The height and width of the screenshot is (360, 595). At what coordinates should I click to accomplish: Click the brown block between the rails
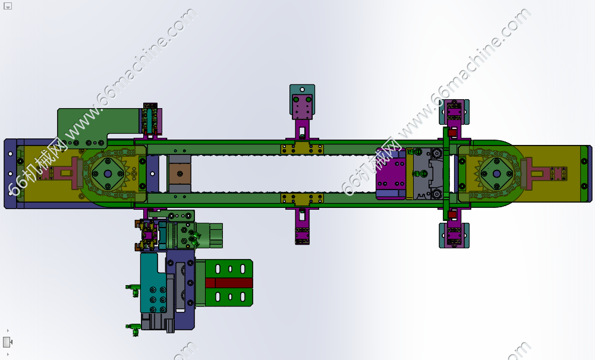click(x=180, y=173)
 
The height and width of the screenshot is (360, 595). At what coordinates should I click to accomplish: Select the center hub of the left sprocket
click(x=108, y=173)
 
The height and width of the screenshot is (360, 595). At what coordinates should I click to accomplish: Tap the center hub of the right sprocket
click(x=497, y=173)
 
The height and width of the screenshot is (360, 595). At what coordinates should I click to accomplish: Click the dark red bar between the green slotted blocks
click(x=229, y=283)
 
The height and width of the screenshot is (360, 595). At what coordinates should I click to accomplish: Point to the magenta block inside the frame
click(x=391, y=173)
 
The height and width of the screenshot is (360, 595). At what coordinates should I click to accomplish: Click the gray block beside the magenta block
click(x=427, y=173)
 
